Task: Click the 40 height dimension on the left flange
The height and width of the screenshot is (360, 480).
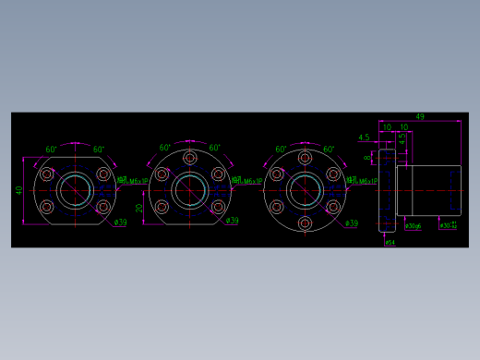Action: tap(18, 191)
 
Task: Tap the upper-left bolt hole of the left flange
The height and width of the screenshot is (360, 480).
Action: tap(47, 174)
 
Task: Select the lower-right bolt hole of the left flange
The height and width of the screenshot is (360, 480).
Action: tap(102, 208)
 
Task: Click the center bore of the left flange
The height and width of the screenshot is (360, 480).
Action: tap(75, 191)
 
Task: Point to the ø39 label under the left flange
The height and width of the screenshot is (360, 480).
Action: tap(119, 222)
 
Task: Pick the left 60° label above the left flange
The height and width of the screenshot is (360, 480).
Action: tap(52, 149)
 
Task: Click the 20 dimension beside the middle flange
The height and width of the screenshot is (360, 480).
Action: tap(139, 209)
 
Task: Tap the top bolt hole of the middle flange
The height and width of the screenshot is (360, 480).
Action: tap(189, 158)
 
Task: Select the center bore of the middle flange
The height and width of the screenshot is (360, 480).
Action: tap(189, 191)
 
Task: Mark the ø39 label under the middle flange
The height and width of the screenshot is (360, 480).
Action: tap(233, 222)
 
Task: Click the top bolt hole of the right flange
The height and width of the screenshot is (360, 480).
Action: tap(304, 158)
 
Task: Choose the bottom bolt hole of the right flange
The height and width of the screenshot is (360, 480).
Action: tap(304, 224)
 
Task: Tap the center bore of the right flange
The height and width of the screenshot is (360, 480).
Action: tap(304, 191)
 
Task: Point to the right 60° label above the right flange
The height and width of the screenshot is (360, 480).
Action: tap(330, 149)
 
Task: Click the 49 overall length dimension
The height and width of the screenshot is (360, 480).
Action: tap(420, 117)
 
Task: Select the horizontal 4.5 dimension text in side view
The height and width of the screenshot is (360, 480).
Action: tap(364, 138)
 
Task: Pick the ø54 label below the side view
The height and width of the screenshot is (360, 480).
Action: tap(390, 243)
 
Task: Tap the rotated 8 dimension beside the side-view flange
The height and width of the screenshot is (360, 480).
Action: tap(367, 158)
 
